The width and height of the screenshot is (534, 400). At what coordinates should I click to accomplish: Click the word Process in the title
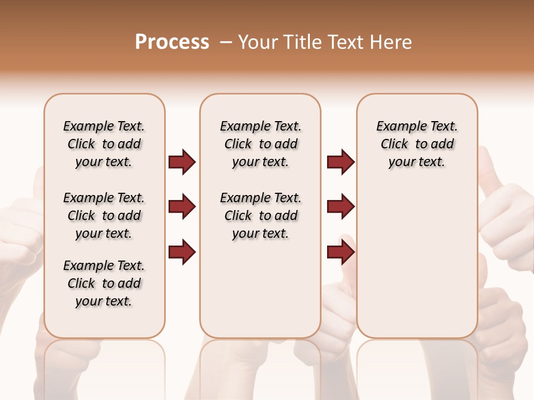(x=172, y=42)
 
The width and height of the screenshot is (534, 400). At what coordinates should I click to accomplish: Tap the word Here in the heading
(x=390, y=42)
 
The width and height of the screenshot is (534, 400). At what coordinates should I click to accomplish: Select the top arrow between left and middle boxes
(x=182, y=162)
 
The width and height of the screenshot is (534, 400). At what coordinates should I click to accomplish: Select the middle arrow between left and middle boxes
(x=182, y=207)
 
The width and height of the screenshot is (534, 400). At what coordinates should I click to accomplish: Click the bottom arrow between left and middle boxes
(x=182, y=253)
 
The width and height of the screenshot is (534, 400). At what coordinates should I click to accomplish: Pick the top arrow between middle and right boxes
(x=340, y=162)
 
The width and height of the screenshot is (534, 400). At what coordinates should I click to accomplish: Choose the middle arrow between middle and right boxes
(x=340, y=207)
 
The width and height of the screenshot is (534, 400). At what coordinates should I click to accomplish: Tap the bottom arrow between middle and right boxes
(x=340, y=253)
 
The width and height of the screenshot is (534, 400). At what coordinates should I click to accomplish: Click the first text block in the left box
(x=104, y=144)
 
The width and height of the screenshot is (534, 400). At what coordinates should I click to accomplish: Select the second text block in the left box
(x=104, y=216)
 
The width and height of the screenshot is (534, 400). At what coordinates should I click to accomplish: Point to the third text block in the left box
(x=104, y=283)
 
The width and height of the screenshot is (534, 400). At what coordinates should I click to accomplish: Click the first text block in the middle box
(x=260, y=144)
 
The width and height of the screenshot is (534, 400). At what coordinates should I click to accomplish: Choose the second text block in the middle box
(x=260, y=216)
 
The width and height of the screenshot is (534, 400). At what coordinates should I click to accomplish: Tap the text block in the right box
(x=417, y=144)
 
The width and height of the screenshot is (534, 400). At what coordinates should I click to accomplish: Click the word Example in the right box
(x=397, y=127)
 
